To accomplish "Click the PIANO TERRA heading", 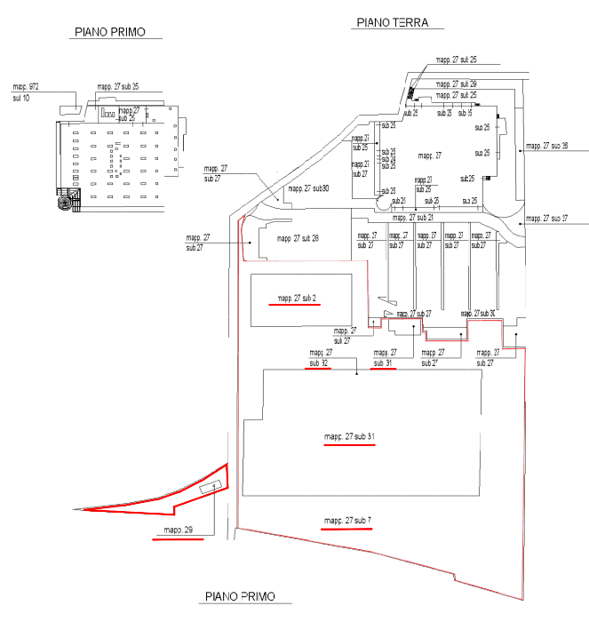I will (392, 23).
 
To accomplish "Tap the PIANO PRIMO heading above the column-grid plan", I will (109, 33).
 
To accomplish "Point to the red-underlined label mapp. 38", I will (179, 531).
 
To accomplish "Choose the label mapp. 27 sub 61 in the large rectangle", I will (347, 436).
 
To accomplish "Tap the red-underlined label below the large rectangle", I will (347, 520).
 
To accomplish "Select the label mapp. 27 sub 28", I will (298, 238).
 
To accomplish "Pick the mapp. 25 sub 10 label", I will (26, 91).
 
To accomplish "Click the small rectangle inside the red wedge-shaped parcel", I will (211, 487).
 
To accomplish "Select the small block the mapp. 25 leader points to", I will (68, 108).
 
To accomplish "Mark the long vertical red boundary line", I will (238, 373).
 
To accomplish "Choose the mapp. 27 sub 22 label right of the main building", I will (545, 144).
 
